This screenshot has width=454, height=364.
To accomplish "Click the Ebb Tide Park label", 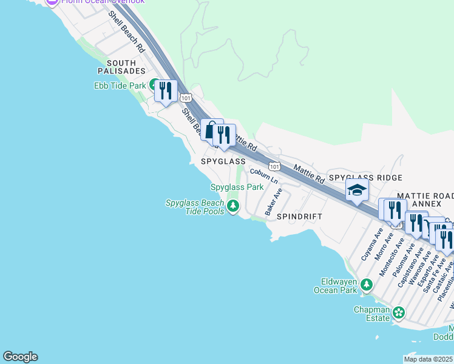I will click(x=120, y=86).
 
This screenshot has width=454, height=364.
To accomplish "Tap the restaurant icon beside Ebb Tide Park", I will click(x=165, y=91).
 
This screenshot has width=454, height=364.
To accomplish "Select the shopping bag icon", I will click(x=211, y=130).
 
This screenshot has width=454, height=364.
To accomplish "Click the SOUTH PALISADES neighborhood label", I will click(x=126, y=67).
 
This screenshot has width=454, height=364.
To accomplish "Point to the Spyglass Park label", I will click(x=237, y=187).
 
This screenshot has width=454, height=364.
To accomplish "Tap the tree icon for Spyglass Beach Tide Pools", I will click(x=232, y=207).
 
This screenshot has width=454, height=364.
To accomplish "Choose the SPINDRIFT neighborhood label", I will click(x=299, y=216).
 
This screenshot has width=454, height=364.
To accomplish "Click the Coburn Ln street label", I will click(x=265, y=177).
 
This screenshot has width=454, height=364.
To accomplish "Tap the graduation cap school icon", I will click(x=357, y=190).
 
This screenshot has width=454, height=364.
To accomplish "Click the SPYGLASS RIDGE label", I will click(x=365, y=178).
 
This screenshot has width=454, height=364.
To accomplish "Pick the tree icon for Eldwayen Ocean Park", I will click(x=366, y=285).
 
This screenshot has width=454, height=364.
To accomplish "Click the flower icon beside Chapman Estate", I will click(x=398, y=312).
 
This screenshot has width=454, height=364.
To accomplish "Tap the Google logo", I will click(x=20, y=357).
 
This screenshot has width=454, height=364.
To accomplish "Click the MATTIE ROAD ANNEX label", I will click(x=425, y=200).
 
